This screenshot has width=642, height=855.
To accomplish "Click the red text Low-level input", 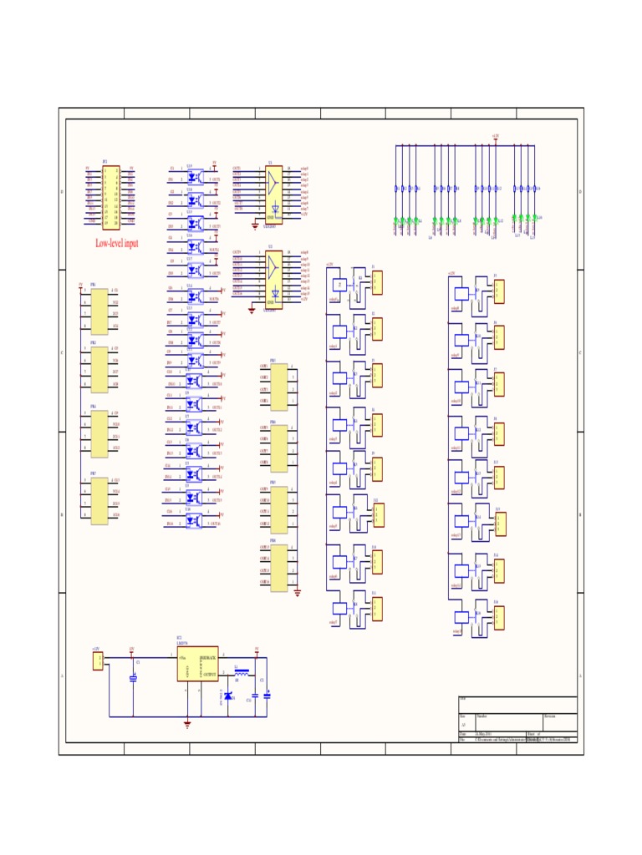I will point(117,244).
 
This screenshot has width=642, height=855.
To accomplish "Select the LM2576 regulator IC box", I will point(197,664).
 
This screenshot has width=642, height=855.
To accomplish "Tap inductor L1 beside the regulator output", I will point(242,671).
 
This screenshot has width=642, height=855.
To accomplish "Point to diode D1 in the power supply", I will point(228,696).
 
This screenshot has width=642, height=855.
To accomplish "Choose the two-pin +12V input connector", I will point(98,661).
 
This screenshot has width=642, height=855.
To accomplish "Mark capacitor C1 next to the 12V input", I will point(133,678).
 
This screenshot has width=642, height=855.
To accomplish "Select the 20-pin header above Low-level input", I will point(110,197).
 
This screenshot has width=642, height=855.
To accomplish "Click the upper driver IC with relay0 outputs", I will point(273,194).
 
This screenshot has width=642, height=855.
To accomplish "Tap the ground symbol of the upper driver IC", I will point(255,224).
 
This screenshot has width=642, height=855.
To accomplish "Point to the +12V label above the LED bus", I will point(495,135).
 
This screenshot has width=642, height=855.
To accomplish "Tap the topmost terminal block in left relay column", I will point(378,282).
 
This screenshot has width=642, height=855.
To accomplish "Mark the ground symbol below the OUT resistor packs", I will point(298,592).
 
